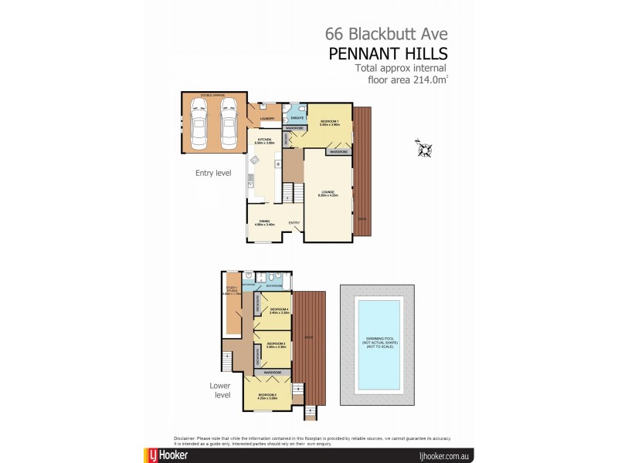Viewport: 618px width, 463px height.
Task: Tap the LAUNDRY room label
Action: [267, 118]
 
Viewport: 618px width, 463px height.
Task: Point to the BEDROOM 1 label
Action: [331, 123]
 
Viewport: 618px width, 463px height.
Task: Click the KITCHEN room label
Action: [266, 141]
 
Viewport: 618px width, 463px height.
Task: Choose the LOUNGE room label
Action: [328, 194]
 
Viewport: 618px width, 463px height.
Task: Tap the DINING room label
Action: [265, 222]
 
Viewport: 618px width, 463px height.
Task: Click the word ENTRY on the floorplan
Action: [294, 223]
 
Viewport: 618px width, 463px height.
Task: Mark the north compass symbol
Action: [424, 147]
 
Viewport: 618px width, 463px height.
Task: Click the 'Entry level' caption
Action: [213, 173]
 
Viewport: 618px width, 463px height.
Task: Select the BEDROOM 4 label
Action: [279, 311]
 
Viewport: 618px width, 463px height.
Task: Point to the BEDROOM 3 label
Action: [277, 345]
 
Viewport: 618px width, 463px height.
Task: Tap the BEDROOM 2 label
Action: [267, 395]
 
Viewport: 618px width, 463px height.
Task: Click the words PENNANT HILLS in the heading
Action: [388, 53]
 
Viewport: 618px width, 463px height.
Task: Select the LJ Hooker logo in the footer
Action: [166, 455]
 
